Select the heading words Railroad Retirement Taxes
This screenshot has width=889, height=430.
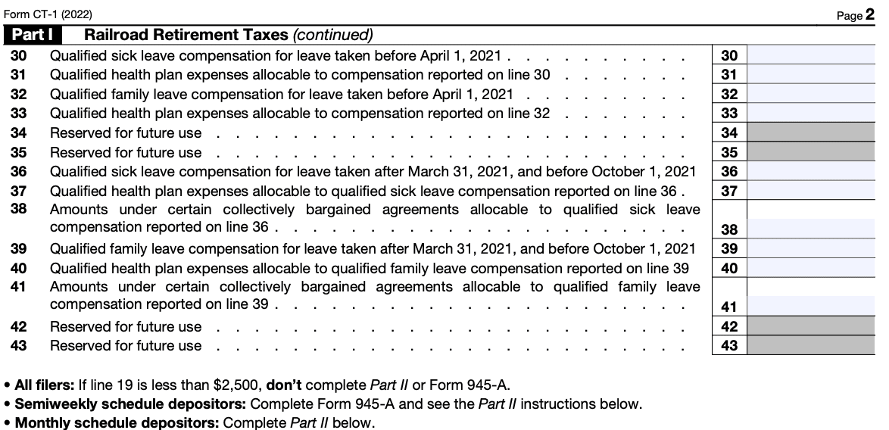[x=186, y=35]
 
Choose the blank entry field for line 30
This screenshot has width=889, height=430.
[x=810, y=55]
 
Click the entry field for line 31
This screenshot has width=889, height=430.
[x=810, y=74]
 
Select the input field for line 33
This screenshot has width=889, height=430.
[x=810, y=113]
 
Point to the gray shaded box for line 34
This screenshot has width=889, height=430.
[x=810, y=132]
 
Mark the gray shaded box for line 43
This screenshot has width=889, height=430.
[x=810, y=345]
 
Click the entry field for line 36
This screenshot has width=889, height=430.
[x=810, y=171]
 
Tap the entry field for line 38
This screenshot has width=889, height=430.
[x=810, y=229]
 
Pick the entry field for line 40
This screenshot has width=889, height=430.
[x=810, y=268]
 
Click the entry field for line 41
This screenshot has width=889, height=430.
[x=810, y=306]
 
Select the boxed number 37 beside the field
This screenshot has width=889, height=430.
[x=729, y=191]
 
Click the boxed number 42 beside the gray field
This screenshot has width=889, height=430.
[x=729, y=326]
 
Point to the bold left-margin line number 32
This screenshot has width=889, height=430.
[x=19, y=94]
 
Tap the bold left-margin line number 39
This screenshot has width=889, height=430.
[x=19, y=248]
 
